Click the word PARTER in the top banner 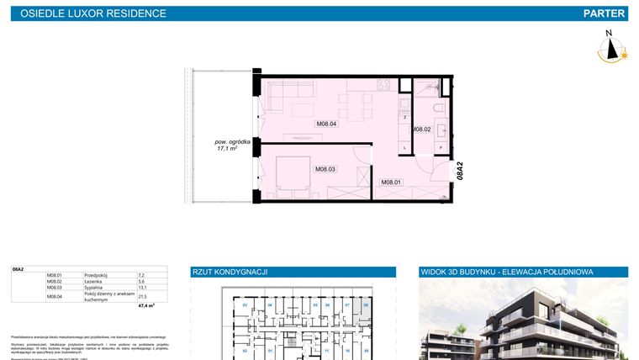tap(603, 13)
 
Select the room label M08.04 tap(326, 124)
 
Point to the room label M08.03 tap(325, 169)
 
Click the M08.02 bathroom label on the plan tap(420, 129)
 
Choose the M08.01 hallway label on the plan tap(391, 182)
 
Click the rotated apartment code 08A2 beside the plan tap(460, 172)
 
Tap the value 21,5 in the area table tap(142, 296)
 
